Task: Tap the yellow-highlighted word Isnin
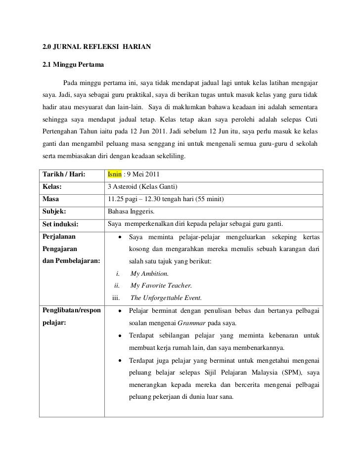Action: click(114, 175)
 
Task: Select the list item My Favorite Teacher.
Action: click(161, 285)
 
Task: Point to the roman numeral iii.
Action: click(117, 297)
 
